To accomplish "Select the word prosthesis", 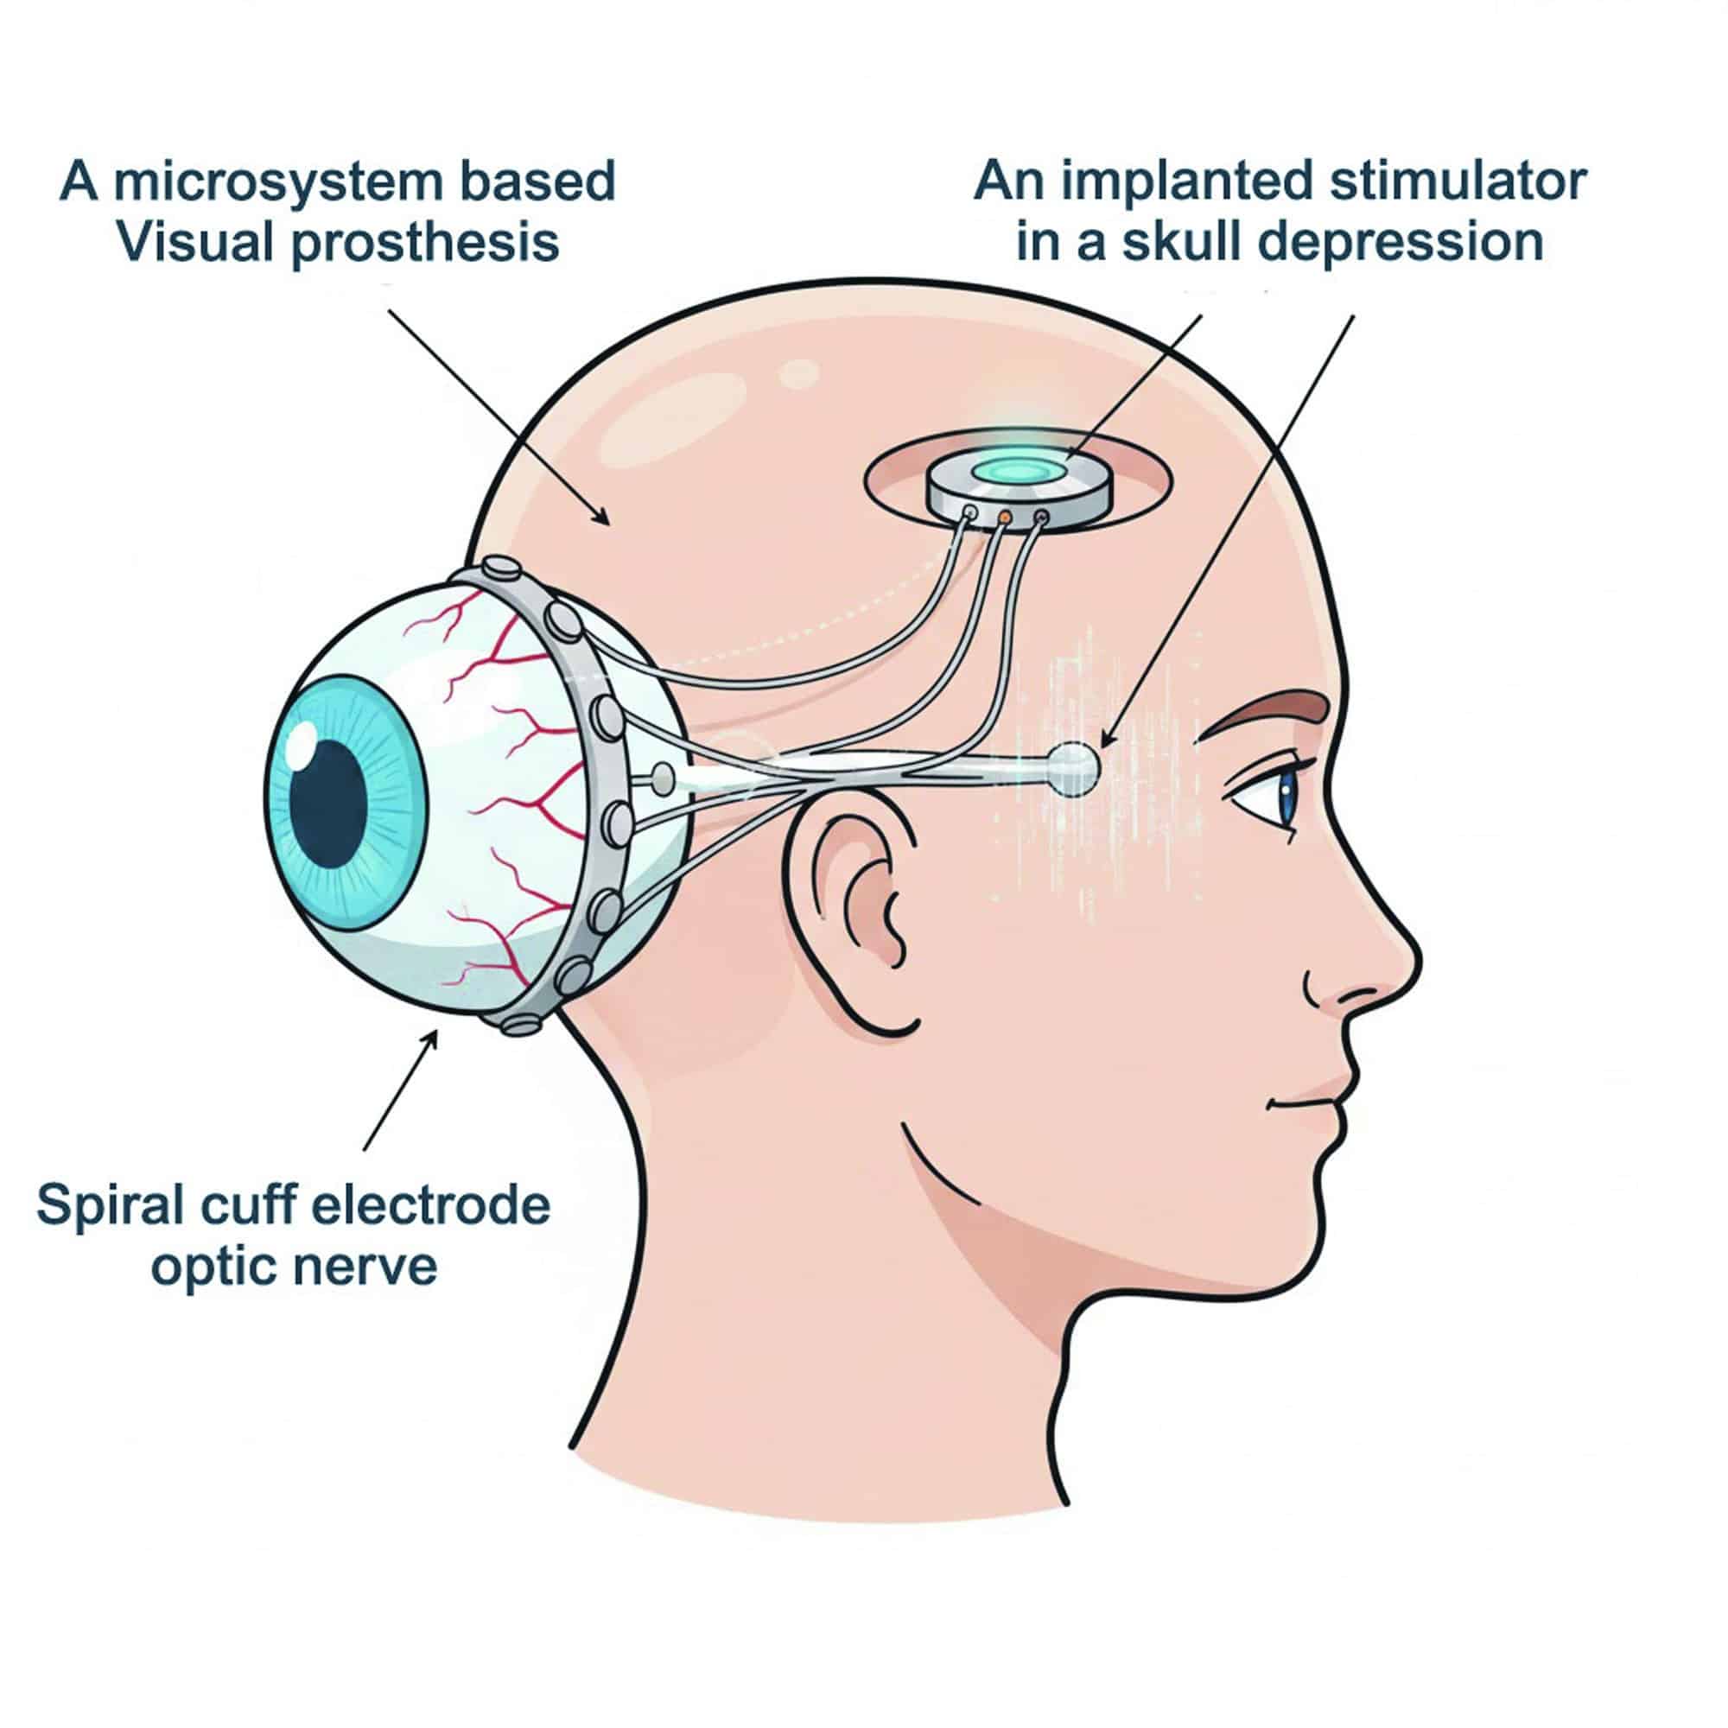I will [x=426, y=243].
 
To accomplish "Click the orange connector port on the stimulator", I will [x=1005, y=516].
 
